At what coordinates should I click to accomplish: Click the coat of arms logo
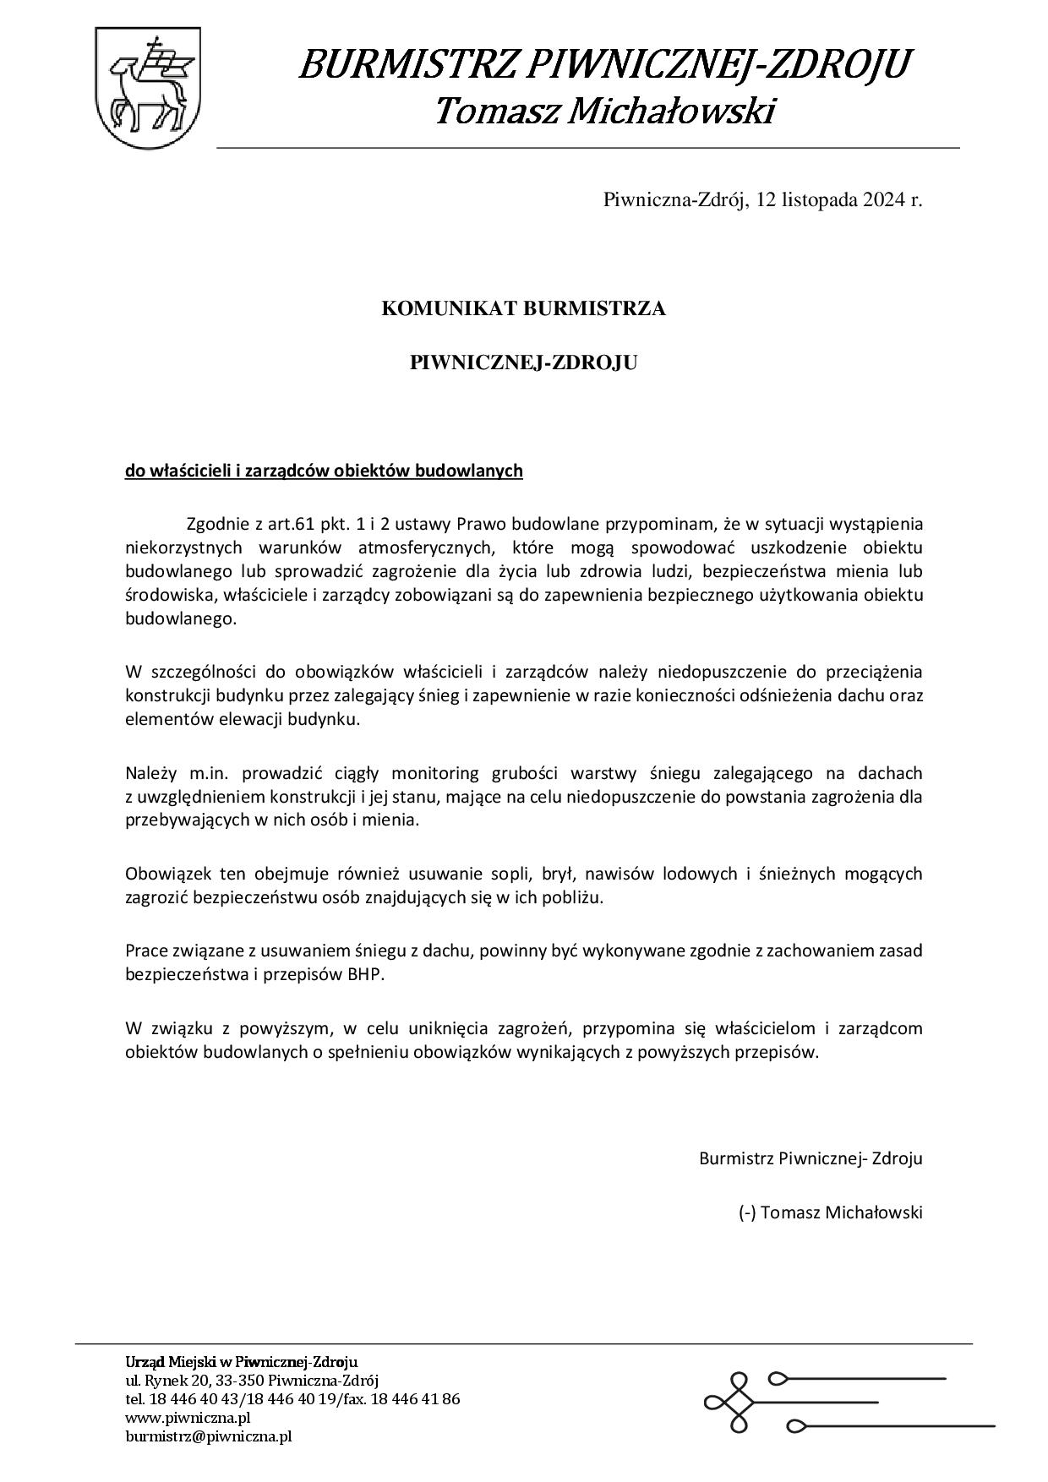coord(148,87)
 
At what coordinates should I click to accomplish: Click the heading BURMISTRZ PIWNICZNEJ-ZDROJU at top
coord(605,64)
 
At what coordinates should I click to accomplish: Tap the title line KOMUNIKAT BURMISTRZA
coord(523,309)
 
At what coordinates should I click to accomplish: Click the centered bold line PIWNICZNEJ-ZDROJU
coord(523,363)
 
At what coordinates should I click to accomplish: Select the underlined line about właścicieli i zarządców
coord(324,471)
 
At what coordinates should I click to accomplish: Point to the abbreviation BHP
coord(365,974)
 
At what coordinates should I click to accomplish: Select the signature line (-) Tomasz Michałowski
coord(830,1212)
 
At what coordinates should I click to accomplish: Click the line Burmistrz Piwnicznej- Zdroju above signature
coord(810,1158)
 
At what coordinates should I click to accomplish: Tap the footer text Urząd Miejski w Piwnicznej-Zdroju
coord(242,1362)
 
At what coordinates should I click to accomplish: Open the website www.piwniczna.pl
coord(188,1418)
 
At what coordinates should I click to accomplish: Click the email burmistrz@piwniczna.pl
coord(209,1436)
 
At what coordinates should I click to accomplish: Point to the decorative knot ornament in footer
coord(734,1403)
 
